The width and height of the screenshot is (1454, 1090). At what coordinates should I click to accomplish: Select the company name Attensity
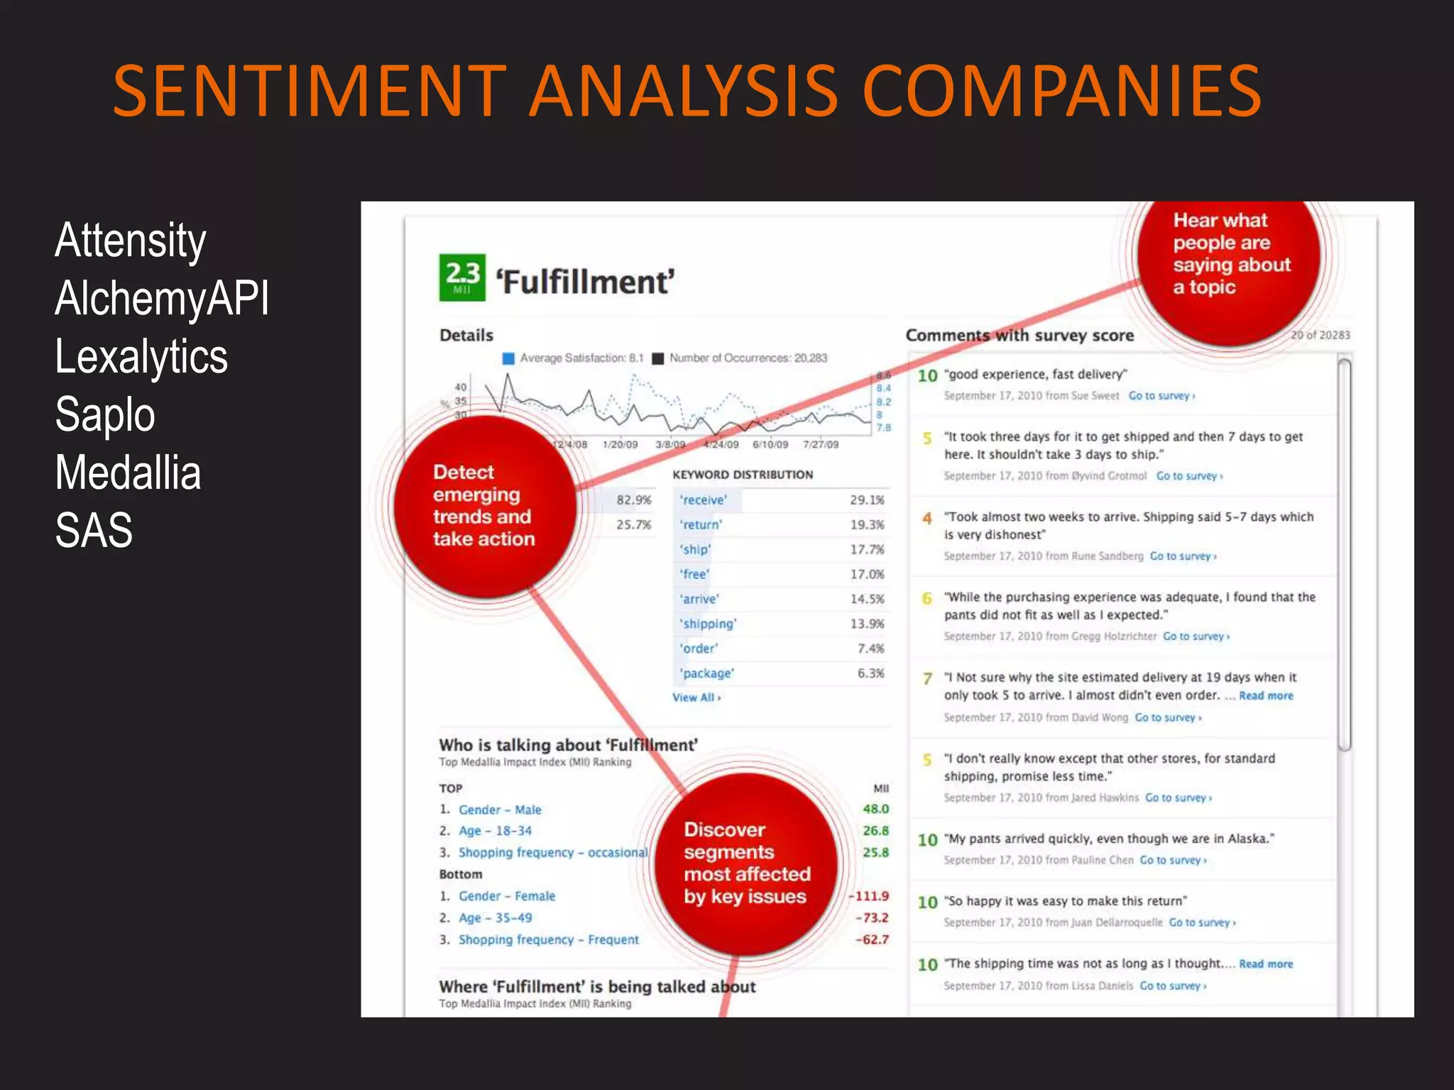click(x=131, y=241)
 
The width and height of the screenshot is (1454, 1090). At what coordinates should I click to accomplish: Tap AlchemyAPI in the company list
click(x=162, y=298)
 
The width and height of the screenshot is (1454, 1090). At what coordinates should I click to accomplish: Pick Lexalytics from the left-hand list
click(x=141, y=356)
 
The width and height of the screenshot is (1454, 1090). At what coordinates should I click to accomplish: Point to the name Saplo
click(x=105, y=414)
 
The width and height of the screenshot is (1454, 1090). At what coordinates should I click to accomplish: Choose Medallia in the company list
click(x=128, y=473)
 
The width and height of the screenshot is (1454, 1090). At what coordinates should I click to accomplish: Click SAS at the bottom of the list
click(x=94, y=530)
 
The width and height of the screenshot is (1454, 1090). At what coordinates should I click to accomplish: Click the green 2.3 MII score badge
click(x=462, y=277)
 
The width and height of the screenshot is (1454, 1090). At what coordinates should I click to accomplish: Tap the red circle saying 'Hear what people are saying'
click(x=1228, y=254)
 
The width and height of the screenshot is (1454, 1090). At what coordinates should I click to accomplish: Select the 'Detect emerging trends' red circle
click(x=483, y=505)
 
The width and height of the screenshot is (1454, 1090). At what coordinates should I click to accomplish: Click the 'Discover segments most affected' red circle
click(x=745, y=863)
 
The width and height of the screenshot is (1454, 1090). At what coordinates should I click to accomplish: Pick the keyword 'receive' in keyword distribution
click(x=703, y=500)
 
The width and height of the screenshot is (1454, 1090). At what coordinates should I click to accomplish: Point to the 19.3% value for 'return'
click(x=867, y=525)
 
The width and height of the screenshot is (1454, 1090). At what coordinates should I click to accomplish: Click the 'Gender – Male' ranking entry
click(x=500, y=810)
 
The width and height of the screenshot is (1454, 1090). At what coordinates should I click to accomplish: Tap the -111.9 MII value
click(x=870, y=896)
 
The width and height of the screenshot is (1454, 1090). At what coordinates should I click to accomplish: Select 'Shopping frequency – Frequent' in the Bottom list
click(x=548, y=940)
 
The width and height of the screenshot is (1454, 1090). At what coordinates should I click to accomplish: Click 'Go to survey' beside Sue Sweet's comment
click(x=1161, y=396)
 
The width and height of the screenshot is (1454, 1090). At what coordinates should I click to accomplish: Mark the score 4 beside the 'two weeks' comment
click(x=927, y=519)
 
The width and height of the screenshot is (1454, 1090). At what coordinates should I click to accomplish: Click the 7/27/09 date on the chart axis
click(x=821, y=445)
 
